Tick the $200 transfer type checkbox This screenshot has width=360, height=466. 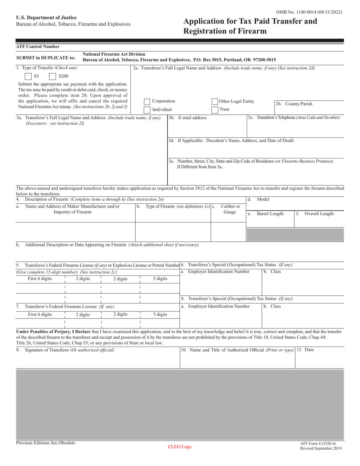(53, 76)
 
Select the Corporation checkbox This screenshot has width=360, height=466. (147, 102)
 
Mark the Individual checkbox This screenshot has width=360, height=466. (147, 110)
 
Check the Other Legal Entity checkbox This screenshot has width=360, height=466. (215, 102)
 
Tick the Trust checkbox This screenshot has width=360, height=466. (215, 109)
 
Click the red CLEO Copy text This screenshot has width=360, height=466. (180, 447)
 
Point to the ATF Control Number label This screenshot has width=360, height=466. (38, 47)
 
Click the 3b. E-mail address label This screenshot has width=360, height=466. (188, 118)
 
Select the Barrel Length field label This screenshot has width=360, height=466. (271, 214)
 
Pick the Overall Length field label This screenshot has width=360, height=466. (319, 214)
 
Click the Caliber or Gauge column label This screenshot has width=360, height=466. (230, 209)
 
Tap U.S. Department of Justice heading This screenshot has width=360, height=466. (46, 18)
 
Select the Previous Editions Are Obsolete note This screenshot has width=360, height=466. (45, 443)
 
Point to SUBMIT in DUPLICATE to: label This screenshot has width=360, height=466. (45, 58)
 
